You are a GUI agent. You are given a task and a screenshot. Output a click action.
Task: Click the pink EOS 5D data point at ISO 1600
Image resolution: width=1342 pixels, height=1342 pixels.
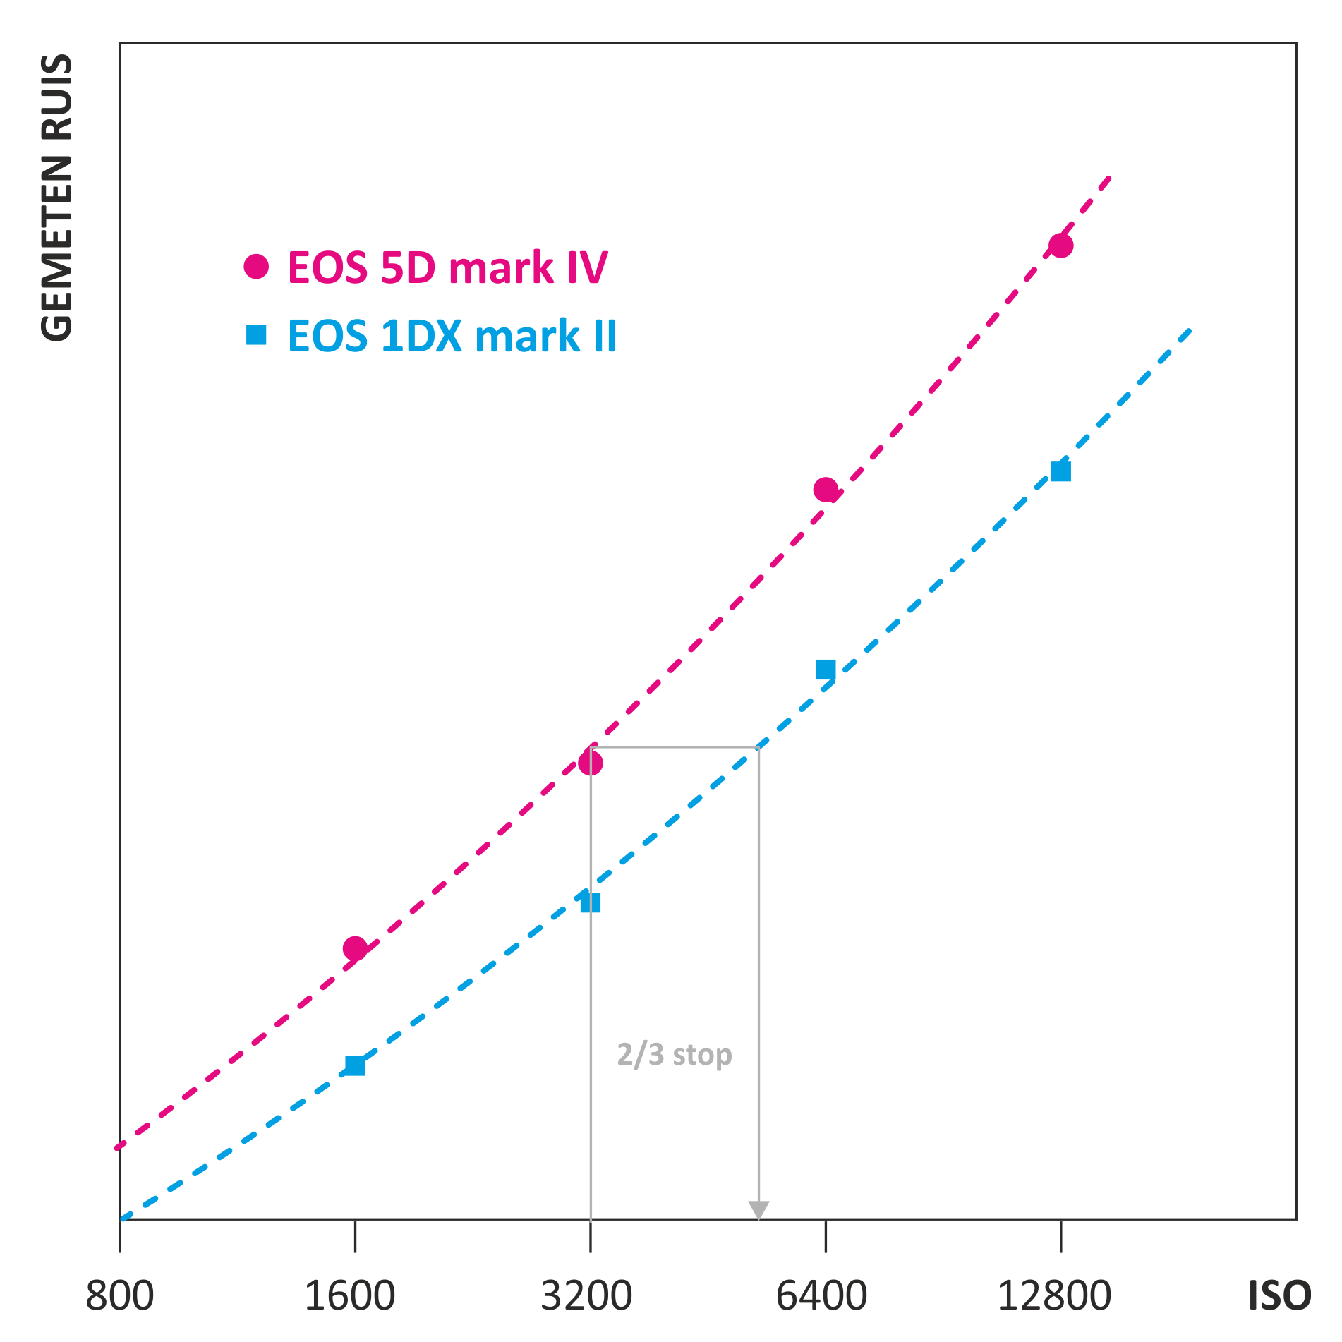pos(355,948)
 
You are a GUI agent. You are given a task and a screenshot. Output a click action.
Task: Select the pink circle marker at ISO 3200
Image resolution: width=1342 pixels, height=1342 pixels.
pos(591,763)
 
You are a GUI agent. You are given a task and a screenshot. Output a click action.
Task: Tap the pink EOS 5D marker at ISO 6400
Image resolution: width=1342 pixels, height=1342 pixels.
pos(826,489)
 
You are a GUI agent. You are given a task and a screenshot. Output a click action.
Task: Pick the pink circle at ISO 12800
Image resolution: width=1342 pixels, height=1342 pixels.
pos(1060,246)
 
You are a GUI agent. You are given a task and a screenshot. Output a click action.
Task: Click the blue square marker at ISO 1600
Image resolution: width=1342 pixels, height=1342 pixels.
pos(355,1065)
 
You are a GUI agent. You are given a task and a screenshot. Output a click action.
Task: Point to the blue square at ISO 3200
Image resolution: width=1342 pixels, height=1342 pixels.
pos(591,902)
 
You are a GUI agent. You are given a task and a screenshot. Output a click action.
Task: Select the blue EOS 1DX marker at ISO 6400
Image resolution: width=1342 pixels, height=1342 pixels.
pos(826,670)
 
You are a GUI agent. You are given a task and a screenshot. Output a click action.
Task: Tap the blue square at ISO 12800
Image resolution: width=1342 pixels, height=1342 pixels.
pos(1060,471)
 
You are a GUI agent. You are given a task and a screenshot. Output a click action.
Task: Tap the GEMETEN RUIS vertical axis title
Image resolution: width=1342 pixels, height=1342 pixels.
pos(56,198)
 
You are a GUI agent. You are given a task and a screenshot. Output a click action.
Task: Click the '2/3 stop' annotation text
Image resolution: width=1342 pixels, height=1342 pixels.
pos(675,1054)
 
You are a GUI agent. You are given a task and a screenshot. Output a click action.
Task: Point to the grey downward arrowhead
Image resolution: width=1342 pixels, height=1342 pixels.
pos(758,1209)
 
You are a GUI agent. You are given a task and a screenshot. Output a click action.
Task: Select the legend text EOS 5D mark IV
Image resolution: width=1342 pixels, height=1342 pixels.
pos(447,267)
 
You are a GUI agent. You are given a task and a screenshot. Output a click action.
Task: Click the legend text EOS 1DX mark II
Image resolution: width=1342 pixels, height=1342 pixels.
pos(452,336)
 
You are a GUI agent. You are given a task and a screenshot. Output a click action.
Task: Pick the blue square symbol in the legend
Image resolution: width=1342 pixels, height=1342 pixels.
pos(256,334)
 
